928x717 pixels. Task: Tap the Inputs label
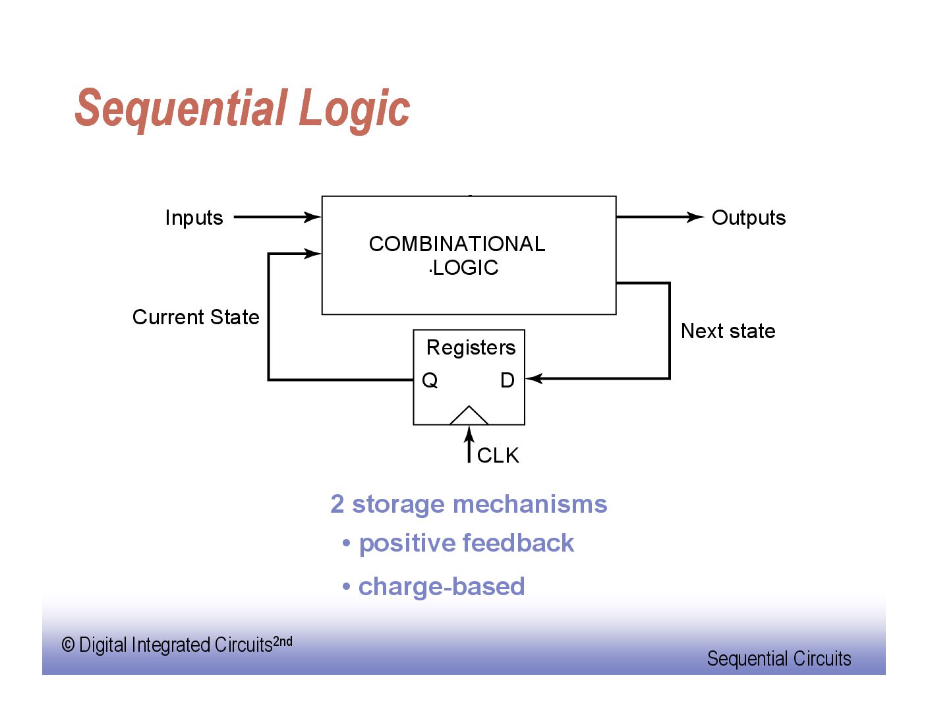(194, 217)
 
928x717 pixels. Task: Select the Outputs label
(749, 217)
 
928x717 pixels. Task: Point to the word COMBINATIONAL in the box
(457, 244)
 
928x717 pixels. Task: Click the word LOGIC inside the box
(465, 268)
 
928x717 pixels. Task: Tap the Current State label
(196, 317)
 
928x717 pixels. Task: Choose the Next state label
(728, 331)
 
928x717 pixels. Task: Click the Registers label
(471, 347)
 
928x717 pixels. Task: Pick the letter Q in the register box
(430, 380)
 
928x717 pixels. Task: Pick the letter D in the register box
(507, 380)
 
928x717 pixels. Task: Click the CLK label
(498, 455)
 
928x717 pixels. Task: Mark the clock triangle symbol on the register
(469, 416)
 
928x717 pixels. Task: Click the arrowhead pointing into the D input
(534, 378)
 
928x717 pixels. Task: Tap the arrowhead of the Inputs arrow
(312, 217)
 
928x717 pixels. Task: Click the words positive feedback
(466, 543)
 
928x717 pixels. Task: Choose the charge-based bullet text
(441, 587)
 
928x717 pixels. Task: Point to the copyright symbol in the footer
(68, 645)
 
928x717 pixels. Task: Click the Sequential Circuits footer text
(779, 658)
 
